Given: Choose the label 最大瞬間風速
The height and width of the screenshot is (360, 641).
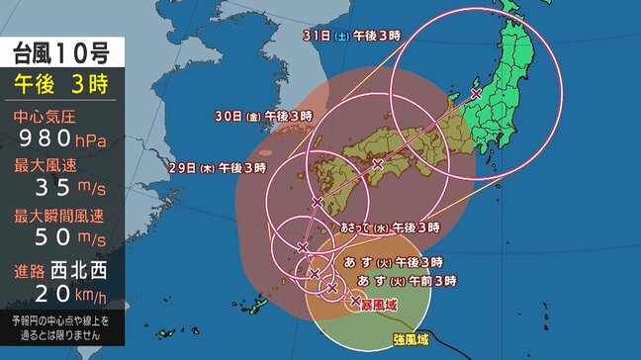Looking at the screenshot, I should point(61,215).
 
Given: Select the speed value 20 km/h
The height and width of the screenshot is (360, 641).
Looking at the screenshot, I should point(61,294).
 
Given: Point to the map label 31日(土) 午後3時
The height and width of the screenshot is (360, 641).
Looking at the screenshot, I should point(338,36).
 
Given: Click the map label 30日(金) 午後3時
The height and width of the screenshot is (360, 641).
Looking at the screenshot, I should point(264,116).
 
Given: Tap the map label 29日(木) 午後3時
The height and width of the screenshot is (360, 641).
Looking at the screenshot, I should point(219,168).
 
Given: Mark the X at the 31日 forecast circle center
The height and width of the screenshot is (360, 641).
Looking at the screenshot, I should point(477,94).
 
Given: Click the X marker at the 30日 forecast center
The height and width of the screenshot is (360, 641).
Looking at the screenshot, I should point(377,163).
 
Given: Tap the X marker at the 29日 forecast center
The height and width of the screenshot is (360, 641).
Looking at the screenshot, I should point(317,202).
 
